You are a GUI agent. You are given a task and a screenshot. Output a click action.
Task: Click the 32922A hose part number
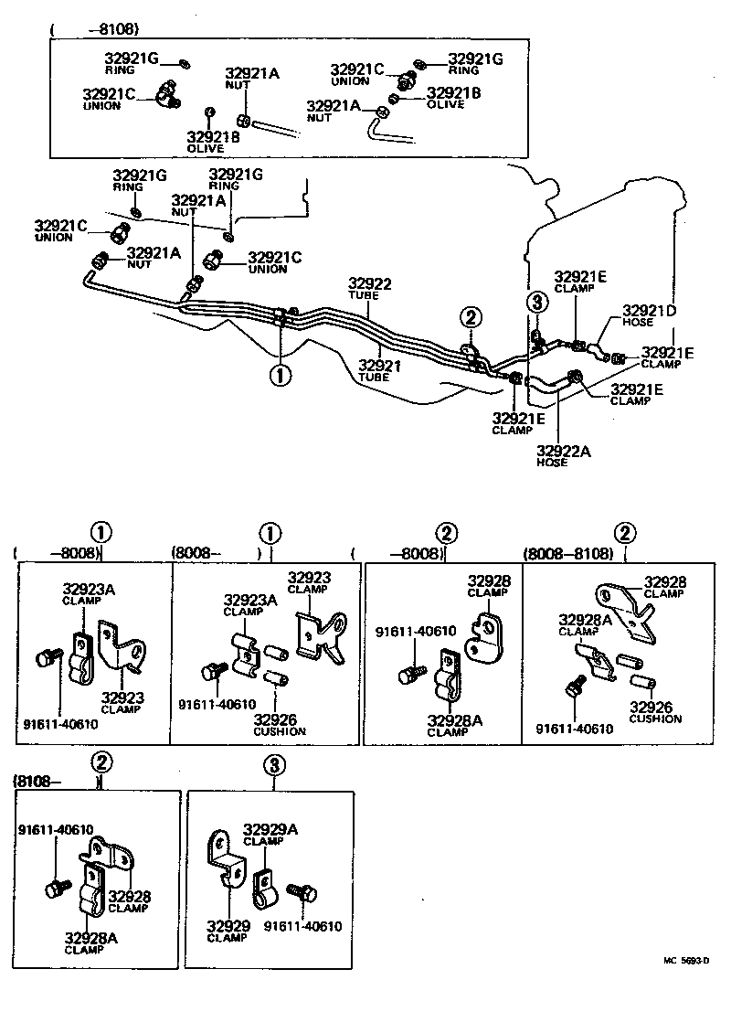[564, 450]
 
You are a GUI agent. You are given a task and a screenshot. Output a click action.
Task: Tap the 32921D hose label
[650, 311]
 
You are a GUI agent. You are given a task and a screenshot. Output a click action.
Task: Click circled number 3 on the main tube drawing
[537, 303]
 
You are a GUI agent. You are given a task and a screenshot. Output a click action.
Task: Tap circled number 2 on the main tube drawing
[470, 317]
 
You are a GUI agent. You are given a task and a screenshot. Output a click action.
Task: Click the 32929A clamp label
[270, 829]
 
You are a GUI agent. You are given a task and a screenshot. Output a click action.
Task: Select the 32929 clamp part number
[227, 925]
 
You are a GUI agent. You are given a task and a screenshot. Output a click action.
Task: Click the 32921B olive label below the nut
[213, 137]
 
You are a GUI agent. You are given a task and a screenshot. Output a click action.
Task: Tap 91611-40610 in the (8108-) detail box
[55, 829]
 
